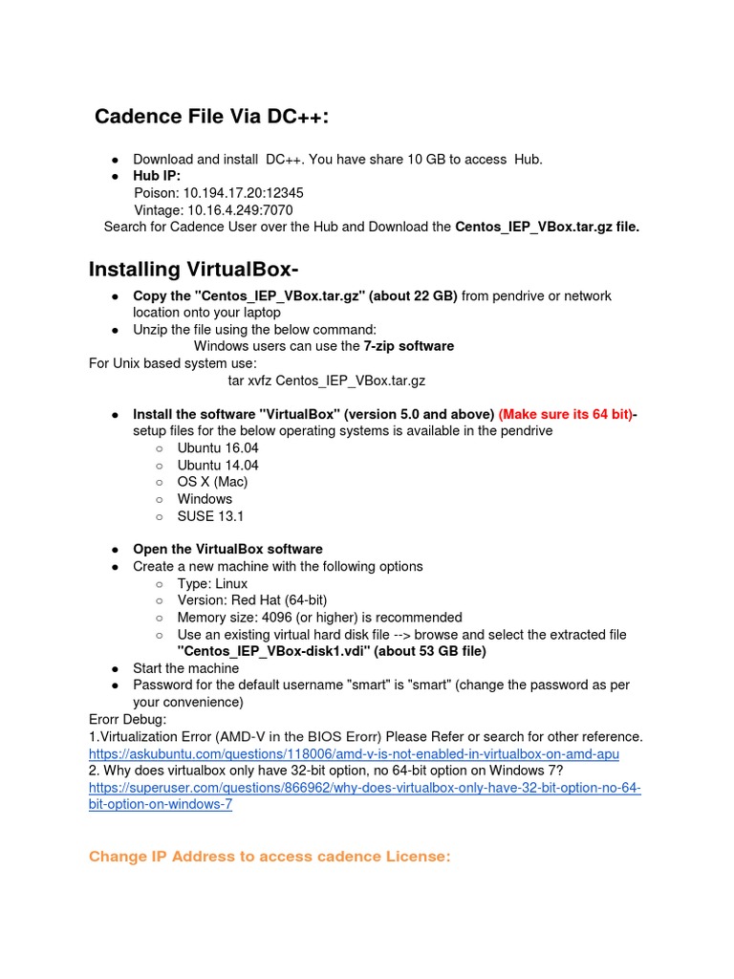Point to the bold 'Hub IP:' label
(157, 177)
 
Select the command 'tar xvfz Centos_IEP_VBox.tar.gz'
(326, 381)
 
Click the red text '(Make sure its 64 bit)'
(566, 414)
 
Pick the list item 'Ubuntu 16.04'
(218, 448)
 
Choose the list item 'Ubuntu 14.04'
(218, 466)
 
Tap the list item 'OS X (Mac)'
(212, 482)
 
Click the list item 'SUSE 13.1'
(210, 516)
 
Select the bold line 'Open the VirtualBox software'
(227, 550)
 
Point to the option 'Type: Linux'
(212, 584)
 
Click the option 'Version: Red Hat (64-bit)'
(252, 600)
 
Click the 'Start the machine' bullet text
(185, 668)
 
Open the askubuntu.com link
(354, 754)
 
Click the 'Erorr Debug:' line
(127, 719)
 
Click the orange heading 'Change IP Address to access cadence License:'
(269, 857)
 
